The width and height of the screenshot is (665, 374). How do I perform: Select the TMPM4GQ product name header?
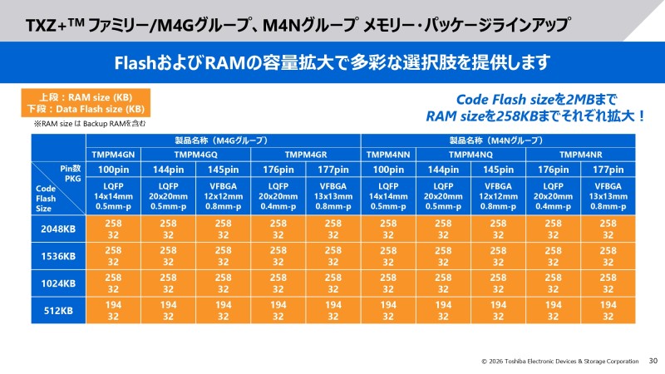(196, 155)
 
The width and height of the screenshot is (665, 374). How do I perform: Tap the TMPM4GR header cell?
(307, 155)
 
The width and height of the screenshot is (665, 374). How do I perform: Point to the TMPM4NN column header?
(387, 155)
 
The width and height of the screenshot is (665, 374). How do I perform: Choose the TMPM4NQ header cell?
(471, 155)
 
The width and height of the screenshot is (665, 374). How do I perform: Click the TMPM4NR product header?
(580, 155)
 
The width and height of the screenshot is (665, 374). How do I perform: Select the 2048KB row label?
(59, 229)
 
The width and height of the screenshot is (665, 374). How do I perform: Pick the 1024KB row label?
(59, 283)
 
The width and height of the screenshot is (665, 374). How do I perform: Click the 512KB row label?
(59, 310)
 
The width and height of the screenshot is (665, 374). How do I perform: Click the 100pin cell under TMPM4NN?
(387, 170)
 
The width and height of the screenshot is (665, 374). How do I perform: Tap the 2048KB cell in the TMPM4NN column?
(387, 229)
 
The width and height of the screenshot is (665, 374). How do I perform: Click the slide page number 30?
(653, 361)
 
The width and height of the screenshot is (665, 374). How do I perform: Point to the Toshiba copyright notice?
(559, 362)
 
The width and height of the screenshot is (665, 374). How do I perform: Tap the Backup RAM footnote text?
(90, 124)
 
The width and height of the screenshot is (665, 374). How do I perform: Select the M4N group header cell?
(498, 140)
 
